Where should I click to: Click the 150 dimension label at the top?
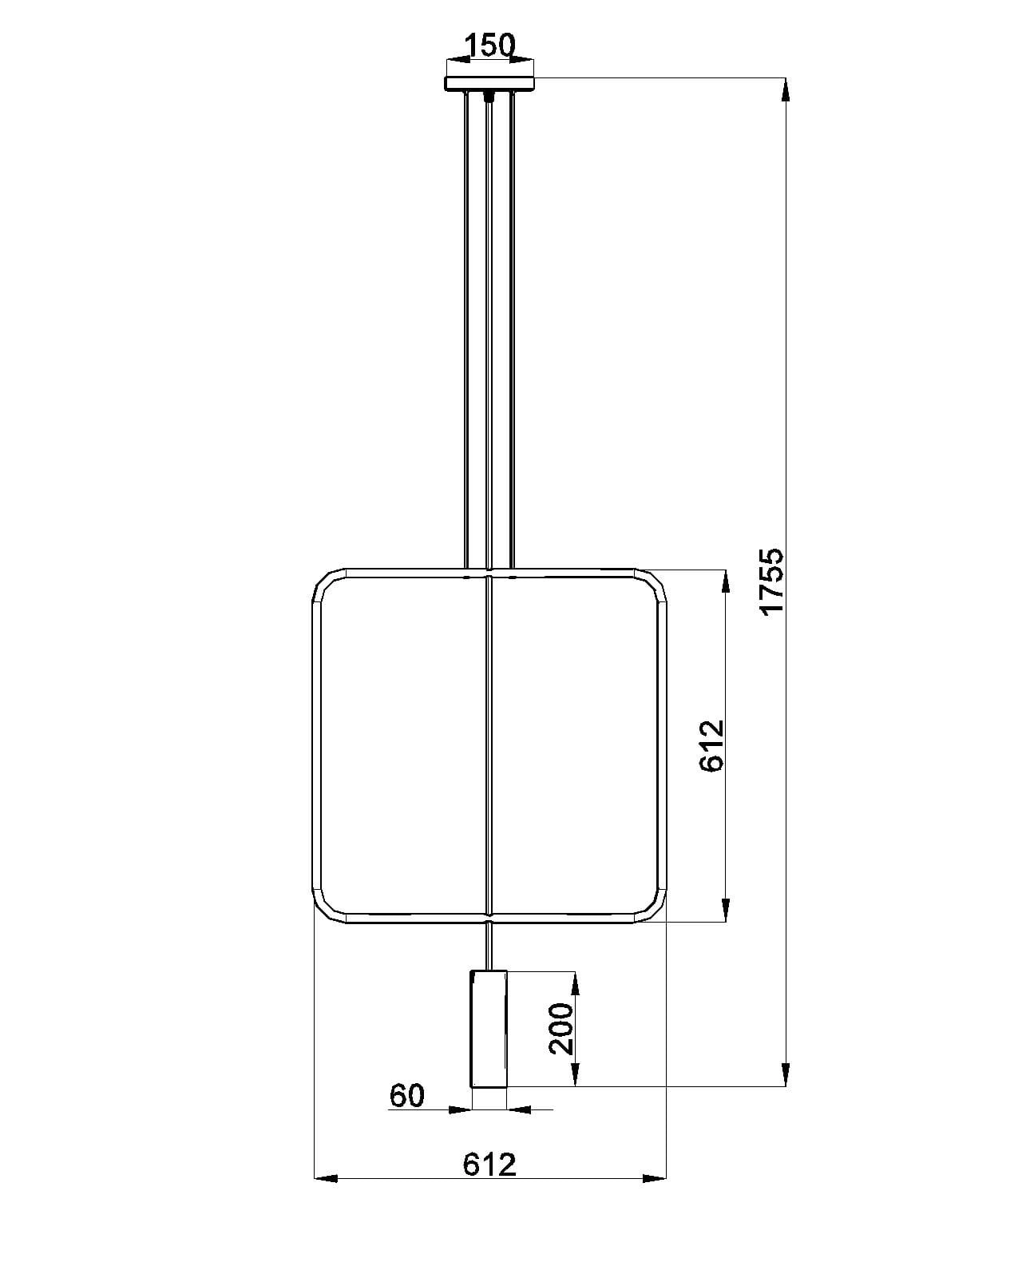tap(489, 46)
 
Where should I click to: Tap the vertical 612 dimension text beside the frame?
tap(711, 745)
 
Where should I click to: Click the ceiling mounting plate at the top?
tap(489, 84)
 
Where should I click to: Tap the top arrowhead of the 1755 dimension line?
tap(785, 89)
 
